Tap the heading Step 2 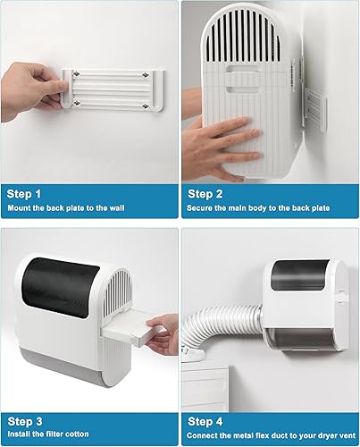click(208, 192)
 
